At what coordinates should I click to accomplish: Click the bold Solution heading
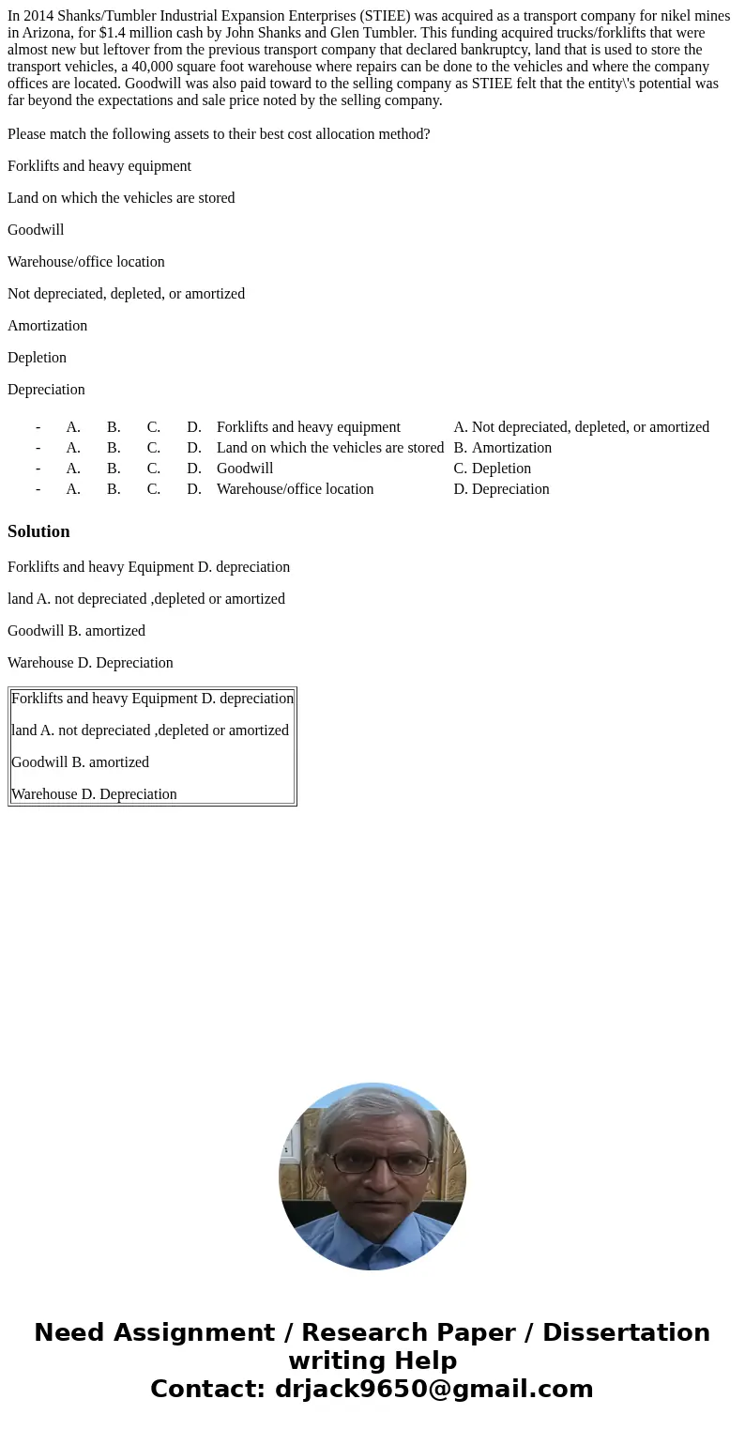click(x=38, y=531)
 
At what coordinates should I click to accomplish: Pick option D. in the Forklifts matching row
click(x=194, y=427)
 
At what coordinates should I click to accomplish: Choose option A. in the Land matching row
click(x=73, y=448)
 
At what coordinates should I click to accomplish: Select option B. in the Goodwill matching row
click(x=114, y=469)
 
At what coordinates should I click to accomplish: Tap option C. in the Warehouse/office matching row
click(x=154, y=489)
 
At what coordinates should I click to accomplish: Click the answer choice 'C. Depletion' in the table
click(x=492, y=469)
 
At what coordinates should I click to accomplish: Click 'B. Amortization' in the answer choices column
click(x=502, y=448)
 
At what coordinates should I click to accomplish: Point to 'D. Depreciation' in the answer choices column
click(x=501, y=489)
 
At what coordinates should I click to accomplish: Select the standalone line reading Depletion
click(x=37, y=358)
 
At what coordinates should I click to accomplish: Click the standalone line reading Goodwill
click(x=36, y=230)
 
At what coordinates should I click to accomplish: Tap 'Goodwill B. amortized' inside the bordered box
click(x=80, y=762)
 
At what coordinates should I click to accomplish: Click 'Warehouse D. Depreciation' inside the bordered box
click(x=94, y=794)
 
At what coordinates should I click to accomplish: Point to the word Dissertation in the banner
click(x=626, y=1332)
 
